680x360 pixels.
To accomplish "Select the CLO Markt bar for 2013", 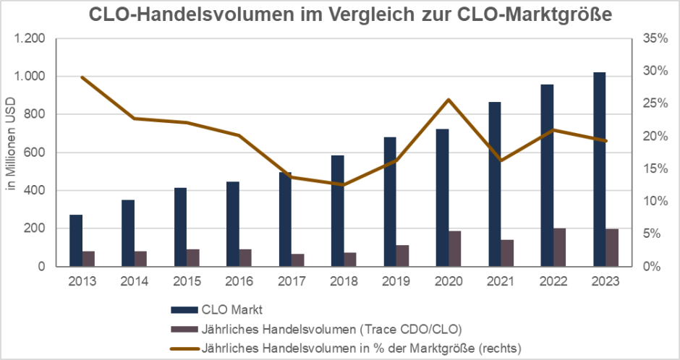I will click(76, 240).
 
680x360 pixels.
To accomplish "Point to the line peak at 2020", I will click(449, 100).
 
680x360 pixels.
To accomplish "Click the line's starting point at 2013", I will click(82, 77).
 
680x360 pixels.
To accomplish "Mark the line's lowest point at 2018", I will click(344, 185).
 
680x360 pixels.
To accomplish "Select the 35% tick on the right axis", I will click(653, 38).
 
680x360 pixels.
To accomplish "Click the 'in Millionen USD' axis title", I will click(11, 152).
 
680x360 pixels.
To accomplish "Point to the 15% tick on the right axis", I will click(653, 168).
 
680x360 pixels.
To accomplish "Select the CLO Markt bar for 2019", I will click(390, 202).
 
